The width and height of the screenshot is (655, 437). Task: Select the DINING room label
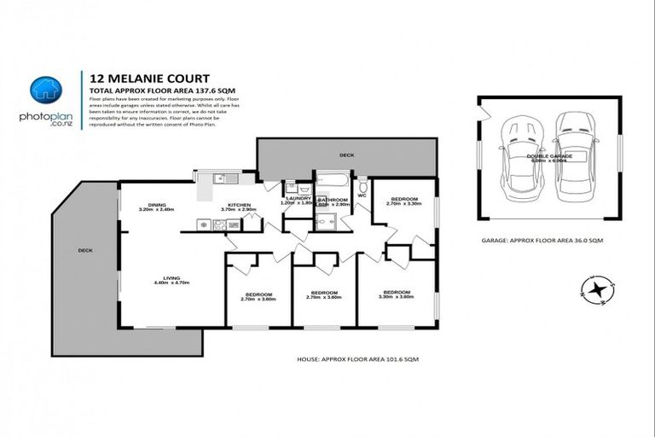[x=156, y=205]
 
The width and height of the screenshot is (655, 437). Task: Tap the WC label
[x=362, y=196]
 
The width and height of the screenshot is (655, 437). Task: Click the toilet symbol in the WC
[x=362, y=184]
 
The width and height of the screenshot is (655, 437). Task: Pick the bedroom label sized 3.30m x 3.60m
[x=396, y=294]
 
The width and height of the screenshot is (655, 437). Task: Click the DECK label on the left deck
[x=84, y=250]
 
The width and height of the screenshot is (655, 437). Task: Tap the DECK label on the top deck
[x=345, y=155]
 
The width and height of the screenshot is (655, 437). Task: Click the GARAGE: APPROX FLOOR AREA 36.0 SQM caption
[x=542, y=242]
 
